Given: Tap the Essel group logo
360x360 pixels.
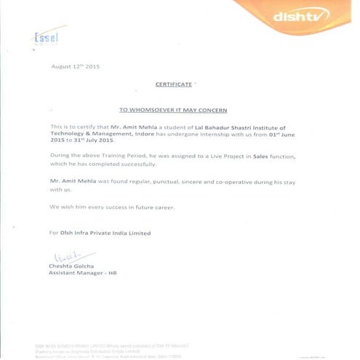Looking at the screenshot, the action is [45, 38].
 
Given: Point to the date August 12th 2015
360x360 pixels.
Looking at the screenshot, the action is [75, 67].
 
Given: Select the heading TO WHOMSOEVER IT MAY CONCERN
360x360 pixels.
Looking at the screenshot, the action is [172, 109].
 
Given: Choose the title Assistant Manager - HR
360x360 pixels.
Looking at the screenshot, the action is [82, 273].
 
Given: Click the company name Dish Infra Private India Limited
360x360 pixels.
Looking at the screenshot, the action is [105, 233].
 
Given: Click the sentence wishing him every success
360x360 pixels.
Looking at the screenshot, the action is [111, 207].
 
